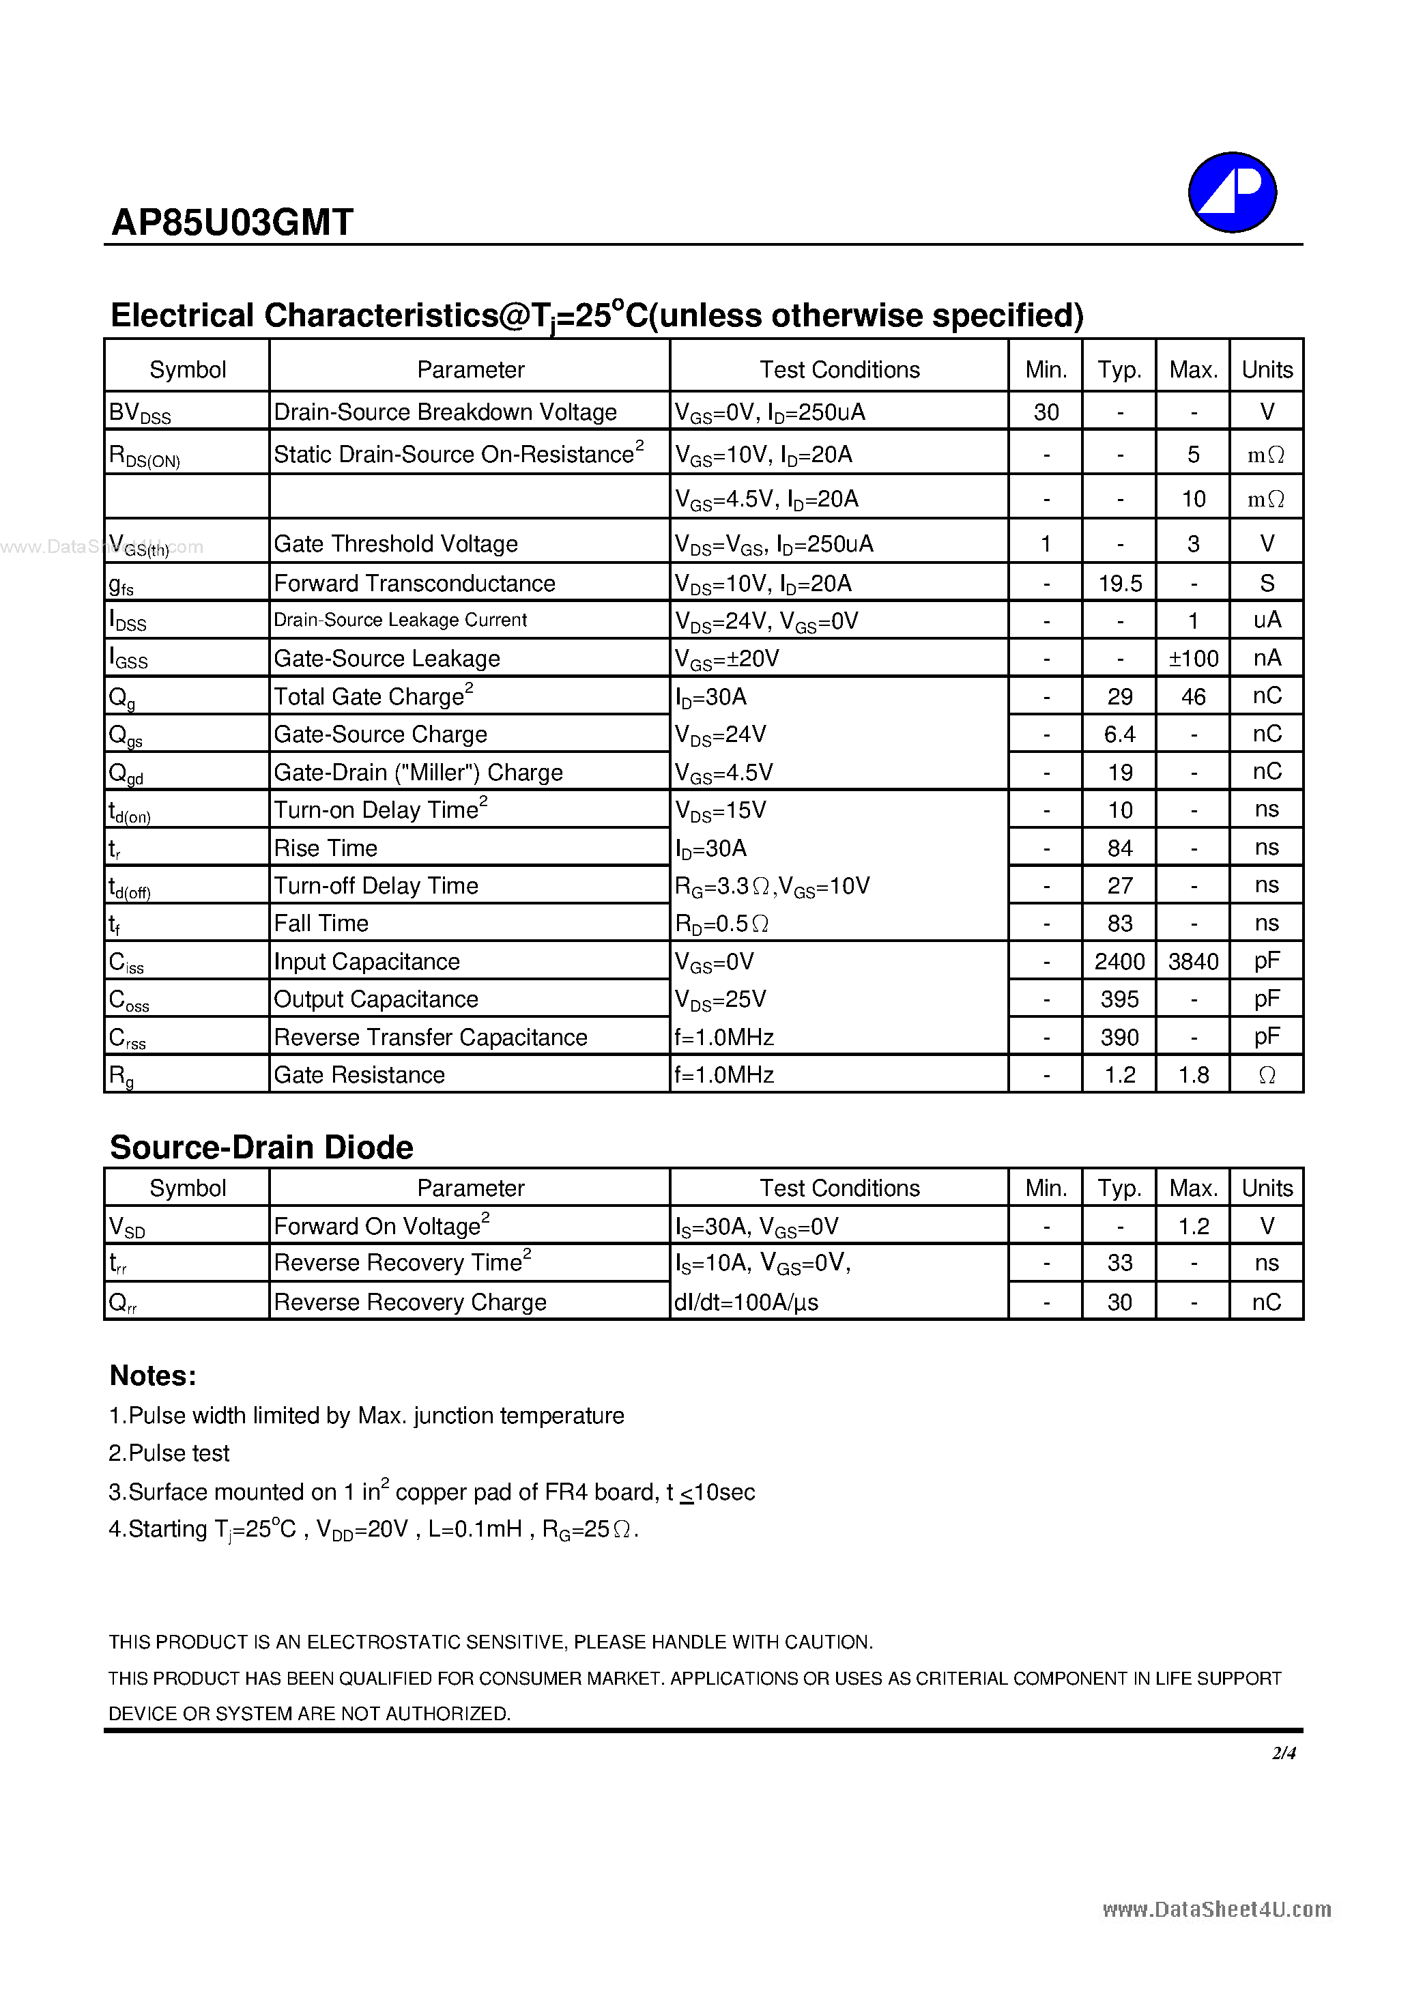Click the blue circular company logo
coord(1231,192)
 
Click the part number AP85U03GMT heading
coord(232,223)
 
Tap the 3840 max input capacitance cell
coord(1193,962)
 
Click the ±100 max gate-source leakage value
coord(1193,659)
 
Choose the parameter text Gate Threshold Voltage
coord(396,544)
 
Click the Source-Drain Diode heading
coord(261,1147)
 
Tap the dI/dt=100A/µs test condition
coord(746,1302)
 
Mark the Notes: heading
coord(153,1375)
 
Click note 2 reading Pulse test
coord(169,1453)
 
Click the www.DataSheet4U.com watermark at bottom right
coord(1216,1909)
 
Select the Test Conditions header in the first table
coord(839,369)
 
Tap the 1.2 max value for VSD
coord(1193,1226)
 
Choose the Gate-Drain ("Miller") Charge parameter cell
coord(418,772)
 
